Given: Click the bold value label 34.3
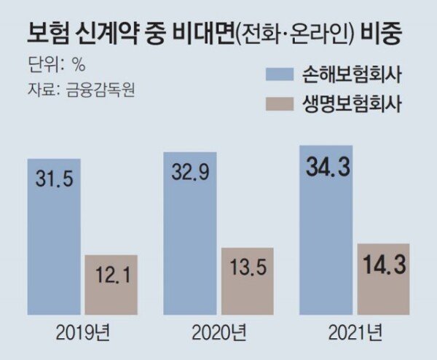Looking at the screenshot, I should click(x=326, y=169).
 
